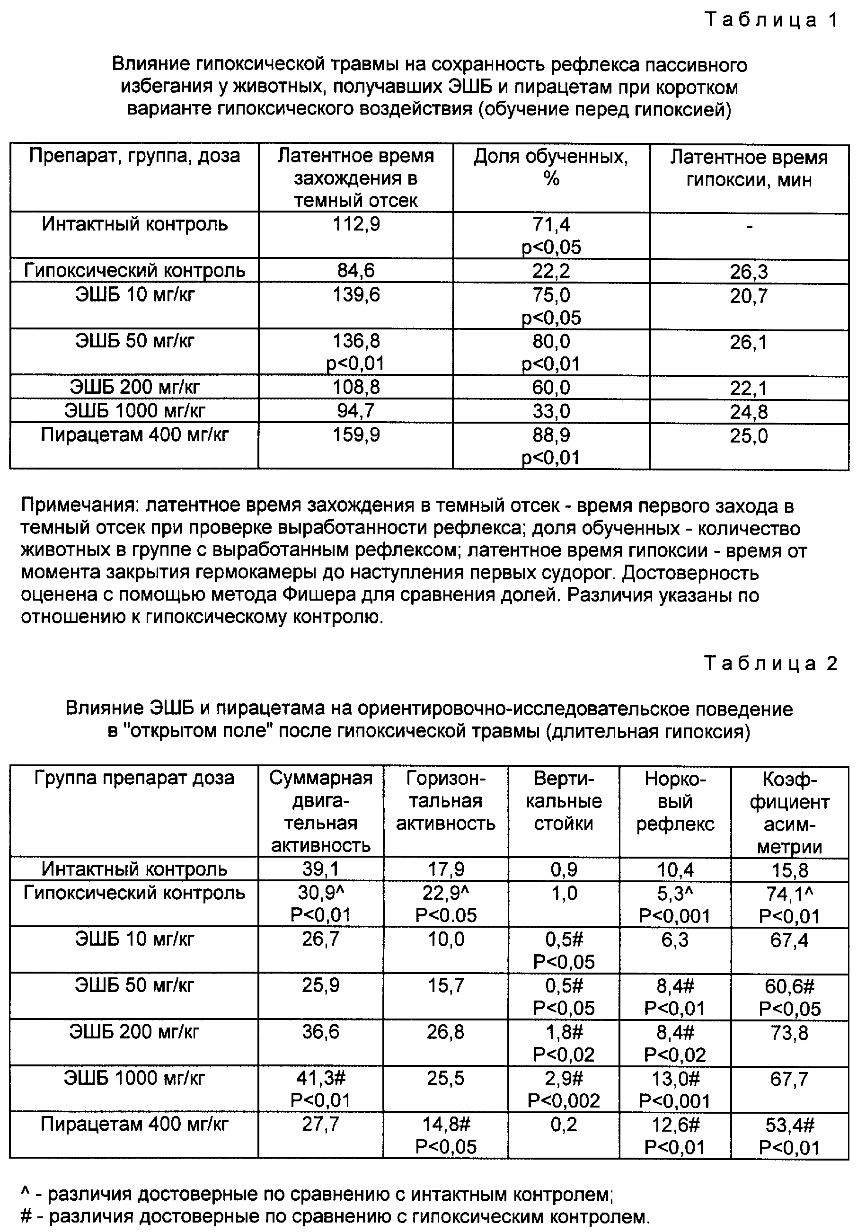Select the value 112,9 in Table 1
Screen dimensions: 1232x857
(x=356, y=224)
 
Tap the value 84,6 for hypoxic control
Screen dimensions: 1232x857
(x=356, y=270)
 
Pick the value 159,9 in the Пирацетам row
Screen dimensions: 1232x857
(x=356, y=434)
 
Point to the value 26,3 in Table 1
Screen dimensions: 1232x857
(x=749, y=272)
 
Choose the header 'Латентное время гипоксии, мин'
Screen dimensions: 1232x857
(x=749, y=168)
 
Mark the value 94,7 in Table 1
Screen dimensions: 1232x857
(x=356, y=411)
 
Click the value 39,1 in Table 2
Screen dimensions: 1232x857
(x=320, y=869)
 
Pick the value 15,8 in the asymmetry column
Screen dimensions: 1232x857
(x=789, y=870)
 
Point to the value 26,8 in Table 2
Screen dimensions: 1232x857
(x=445, y=1032)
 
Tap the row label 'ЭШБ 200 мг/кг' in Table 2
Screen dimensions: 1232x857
(x=134, y=1032)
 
